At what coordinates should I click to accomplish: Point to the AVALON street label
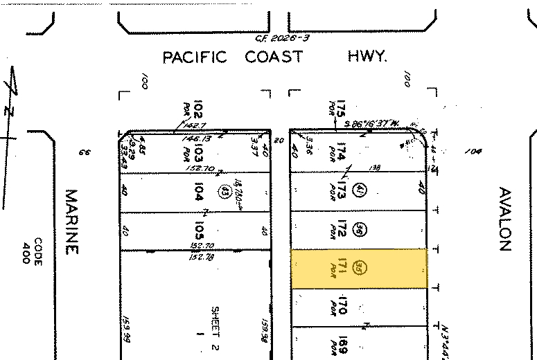[x=504, y=219]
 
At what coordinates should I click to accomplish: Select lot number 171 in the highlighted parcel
[x=341, y=267]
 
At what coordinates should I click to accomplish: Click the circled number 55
[x=358, y=267]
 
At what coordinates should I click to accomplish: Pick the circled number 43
[x=224, y=192]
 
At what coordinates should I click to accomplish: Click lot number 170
[x=341, y=305]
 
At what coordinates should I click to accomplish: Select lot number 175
[x=340, y=109]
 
